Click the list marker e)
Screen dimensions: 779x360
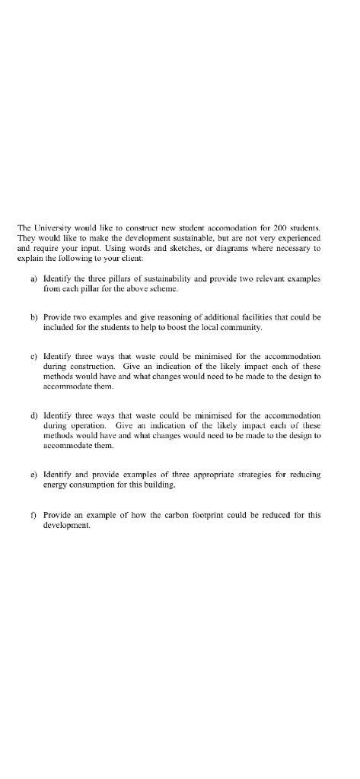click(33, 474)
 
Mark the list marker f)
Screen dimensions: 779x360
click(33, 514)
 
